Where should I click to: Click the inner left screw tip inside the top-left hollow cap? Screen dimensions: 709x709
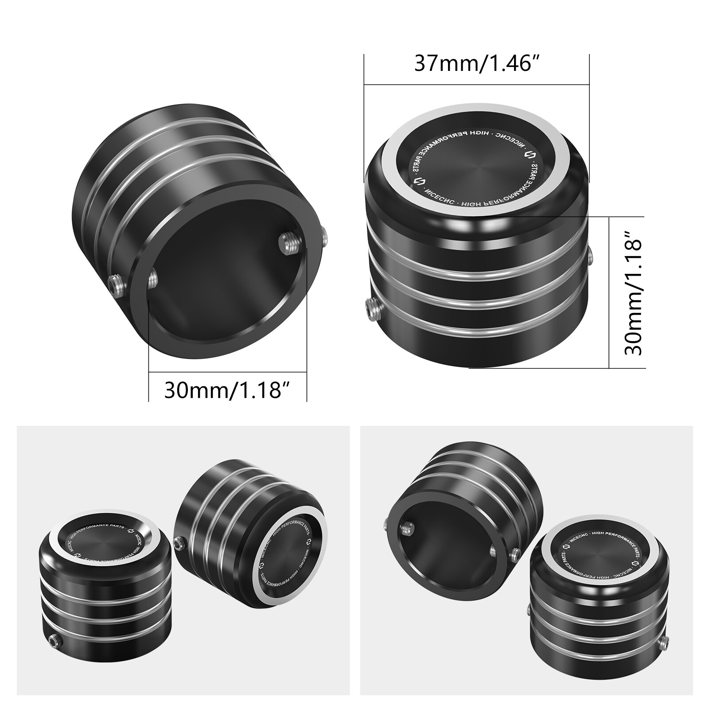153,278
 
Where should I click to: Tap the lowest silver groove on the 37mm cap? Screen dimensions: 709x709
479,328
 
